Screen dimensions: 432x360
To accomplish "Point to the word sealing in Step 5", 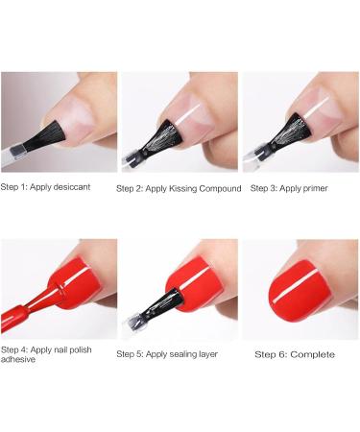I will coord(180,354).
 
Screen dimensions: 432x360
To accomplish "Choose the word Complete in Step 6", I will coord(314,354).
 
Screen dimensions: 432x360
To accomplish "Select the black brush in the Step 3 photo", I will coord(278,134).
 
